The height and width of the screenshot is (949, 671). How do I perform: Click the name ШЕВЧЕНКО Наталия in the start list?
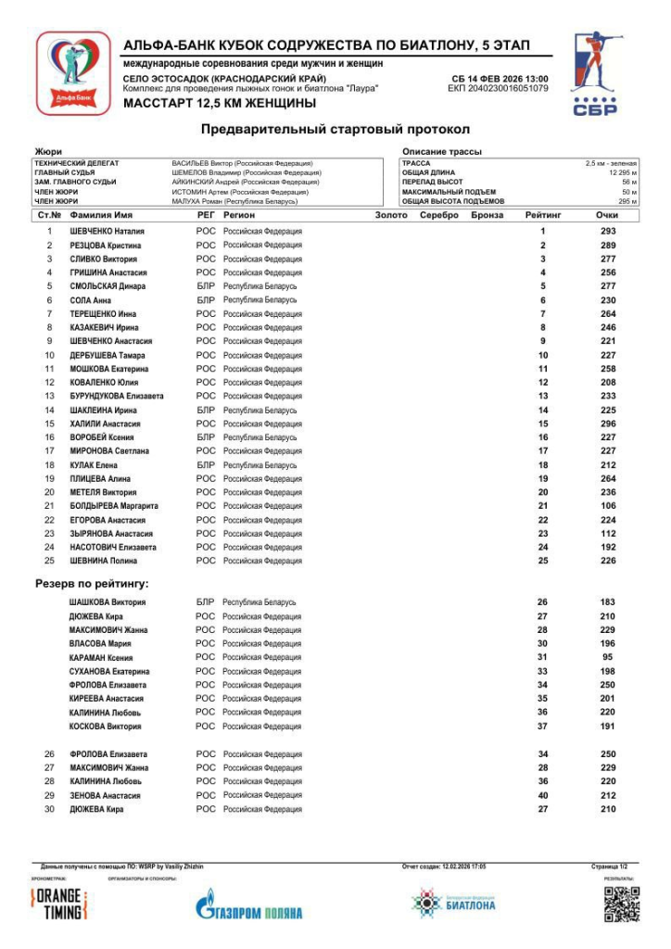[108, 232]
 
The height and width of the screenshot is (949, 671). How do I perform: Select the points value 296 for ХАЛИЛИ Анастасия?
[607, 424]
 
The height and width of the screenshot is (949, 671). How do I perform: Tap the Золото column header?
[391, 215]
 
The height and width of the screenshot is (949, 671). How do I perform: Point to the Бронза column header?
[487, 215]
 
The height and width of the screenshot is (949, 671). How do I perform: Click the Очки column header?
[607, 215]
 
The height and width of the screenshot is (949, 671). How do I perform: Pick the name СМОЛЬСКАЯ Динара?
[108, 286]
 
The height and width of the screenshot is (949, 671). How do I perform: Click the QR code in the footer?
[621, 905]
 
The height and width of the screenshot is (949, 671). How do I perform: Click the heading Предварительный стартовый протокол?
[335, 130]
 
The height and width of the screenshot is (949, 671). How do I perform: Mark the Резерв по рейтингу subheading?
[92, 584]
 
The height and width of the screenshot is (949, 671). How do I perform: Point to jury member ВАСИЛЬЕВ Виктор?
[242, 163]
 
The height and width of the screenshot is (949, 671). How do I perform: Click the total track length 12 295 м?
[623, 172]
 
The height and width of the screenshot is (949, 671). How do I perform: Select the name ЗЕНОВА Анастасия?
[105, 796]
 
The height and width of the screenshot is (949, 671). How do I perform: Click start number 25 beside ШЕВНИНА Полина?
[49, 561]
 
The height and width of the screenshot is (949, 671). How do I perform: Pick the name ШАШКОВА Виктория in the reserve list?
[108, 602]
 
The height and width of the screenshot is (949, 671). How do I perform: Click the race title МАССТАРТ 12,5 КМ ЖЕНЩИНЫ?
[219, 104]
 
